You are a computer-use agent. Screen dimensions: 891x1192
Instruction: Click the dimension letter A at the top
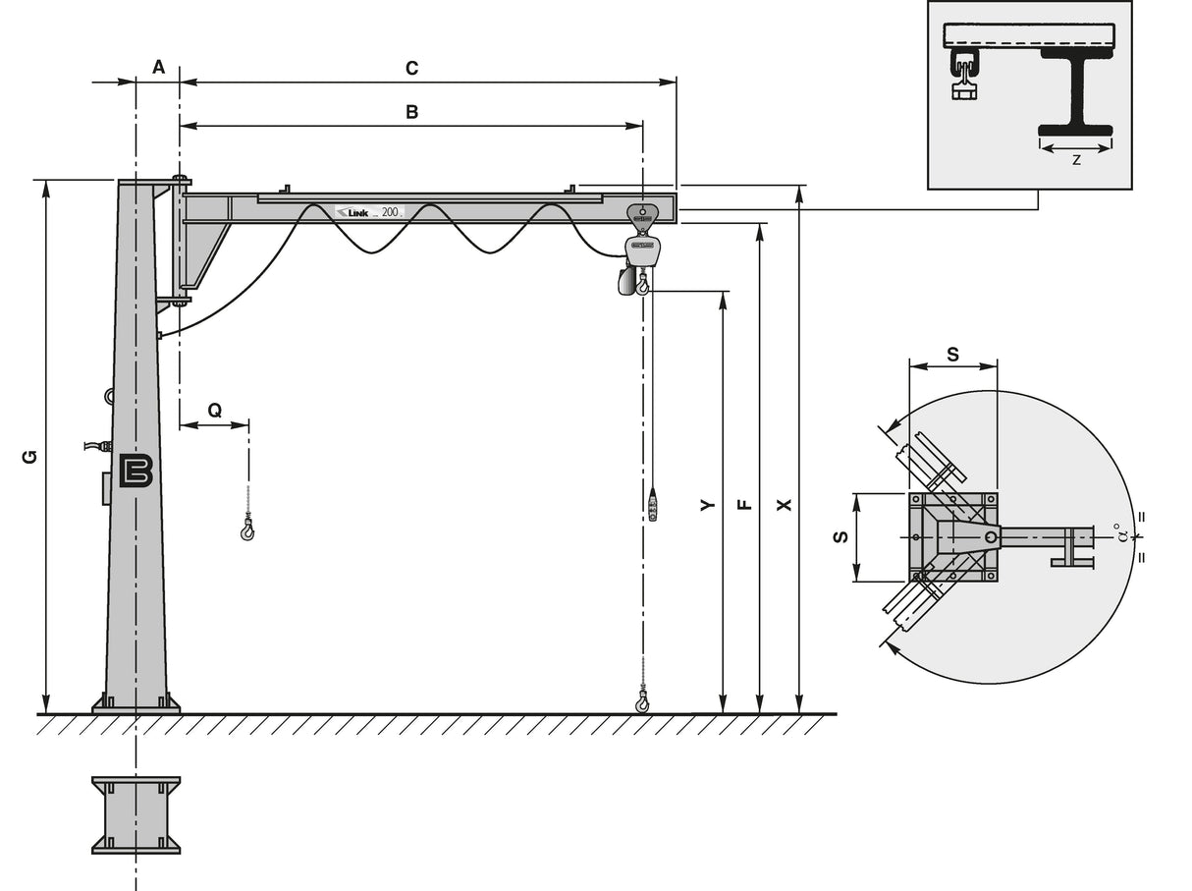(x=158, y=67)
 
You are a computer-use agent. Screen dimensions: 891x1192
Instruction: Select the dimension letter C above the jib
(x=412, y=68)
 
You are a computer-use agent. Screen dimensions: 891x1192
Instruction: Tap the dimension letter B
(x=412, y=112)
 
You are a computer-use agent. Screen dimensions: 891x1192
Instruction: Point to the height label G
(x=29, y=457)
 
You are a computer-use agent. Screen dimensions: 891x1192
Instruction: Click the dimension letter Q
(x=214, y=411)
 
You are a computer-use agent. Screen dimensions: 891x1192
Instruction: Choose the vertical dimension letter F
(x=744, y=504)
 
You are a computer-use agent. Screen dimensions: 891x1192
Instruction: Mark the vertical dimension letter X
(x=784, y=504)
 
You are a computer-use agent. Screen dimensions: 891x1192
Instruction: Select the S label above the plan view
(x=952, y=354)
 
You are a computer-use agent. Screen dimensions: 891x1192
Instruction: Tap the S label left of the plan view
(x=839, y=537)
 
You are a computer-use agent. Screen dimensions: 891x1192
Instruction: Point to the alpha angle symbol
(x=1119, y=536)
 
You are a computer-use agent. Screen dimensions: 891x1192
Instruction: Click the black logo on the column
(x=135, y=471)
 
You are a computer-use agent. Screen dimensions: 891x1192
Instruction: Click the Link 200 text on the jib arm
(x=369, y=211)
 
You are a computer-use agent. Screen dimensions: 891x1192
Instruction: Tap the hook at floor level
(x=642, y=701)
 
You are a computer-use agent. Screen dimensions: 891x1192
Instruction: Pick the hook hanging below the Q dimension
(x=246, y=531)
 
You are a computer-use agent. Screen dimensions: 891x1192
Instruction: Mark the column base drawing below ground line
(x=136, y=814)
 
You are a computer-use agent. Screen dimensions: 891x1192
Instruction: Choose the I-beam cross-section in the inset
(x=1076, y=94)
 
